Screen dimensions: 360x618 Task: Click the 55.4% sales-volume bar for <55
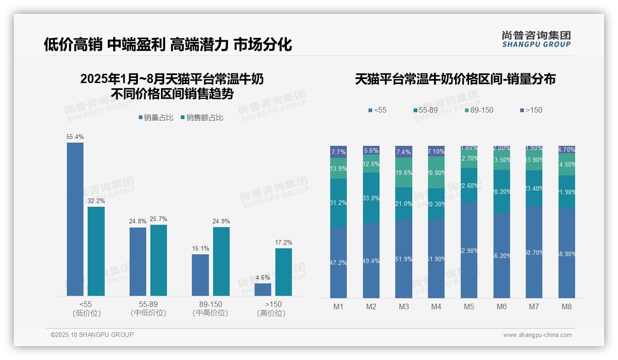(75, 219)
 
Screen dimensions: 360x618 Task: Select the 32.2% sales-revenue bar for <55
(96, 251)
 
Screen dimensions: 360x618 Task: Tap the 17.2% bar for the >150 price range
(283, 272)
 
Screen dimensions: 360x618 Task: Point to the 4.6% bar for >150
(262, 289)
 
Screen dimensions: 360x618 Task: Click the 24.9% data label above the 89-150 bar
(221, 221)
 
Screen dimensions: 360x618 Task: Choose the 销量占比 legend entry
(155, 118)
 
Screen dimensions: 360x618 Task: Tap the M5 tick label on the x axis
(469, 306)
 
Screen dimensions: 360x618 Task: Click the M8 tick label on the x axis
(567, 306)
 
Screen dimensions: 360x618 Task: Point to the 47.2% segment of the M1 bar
(339, 262)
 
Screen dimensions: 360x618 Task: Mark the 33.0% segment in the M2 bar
(371, 198)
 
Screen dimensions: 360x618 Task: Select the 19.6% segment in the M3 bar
(404, 172)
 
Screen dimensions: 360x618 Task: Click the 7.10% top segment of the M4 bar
(436, 151)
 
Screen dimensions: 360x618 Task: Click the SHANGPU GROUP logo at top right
(536, 39)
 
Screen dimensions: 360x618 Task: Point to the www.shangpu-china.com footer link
(537, 335)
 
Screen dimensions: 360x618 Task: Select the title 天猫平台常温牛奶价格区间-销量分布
(455, 79)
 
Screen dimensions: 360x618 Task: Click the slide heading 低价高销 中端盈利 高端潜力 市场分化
(168, 45)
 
